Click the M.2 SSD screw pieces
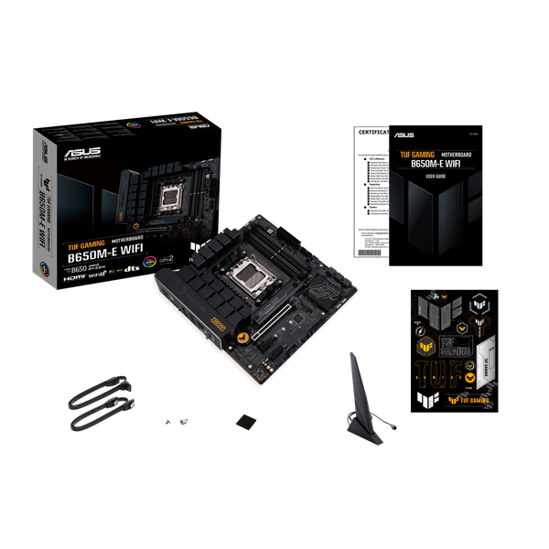pyautogui.click(x=177, y=421)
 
